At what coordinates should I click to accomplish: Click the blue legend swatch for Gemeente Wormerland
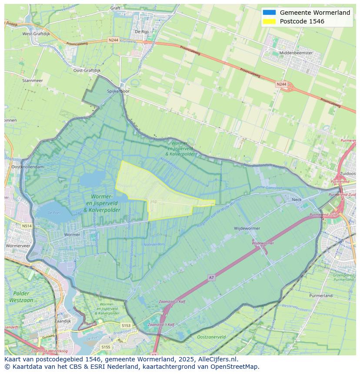269,13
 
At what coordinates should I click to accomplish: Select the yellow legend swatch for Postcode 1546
269,21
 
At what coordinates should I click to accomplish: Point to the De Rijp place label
142,32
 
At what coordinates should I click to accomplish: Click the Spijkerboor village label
118,92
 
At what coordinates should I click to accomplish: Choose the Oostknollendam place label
27,167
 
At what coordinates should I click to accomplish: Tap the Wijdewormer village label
247,228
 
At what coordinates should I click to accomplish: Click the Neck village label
297,200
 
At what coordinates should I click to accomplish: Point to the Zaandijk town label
63,321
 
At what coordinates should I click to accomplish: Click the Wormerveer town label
18,245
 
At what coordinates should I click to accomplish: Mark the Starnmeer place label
32,80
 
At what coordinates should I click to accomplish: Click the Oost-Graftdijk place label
87,70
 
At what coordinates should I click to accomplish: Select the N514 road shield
27,226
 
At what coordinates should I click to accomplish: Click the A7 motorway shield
211,277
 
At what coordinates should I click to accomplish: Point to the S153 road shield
126,325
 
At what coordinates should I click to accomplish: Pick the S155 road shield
106,347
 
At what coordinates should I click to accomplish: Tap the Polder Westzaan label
21,297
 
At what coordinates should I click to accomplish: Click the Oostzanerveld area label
211,337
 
